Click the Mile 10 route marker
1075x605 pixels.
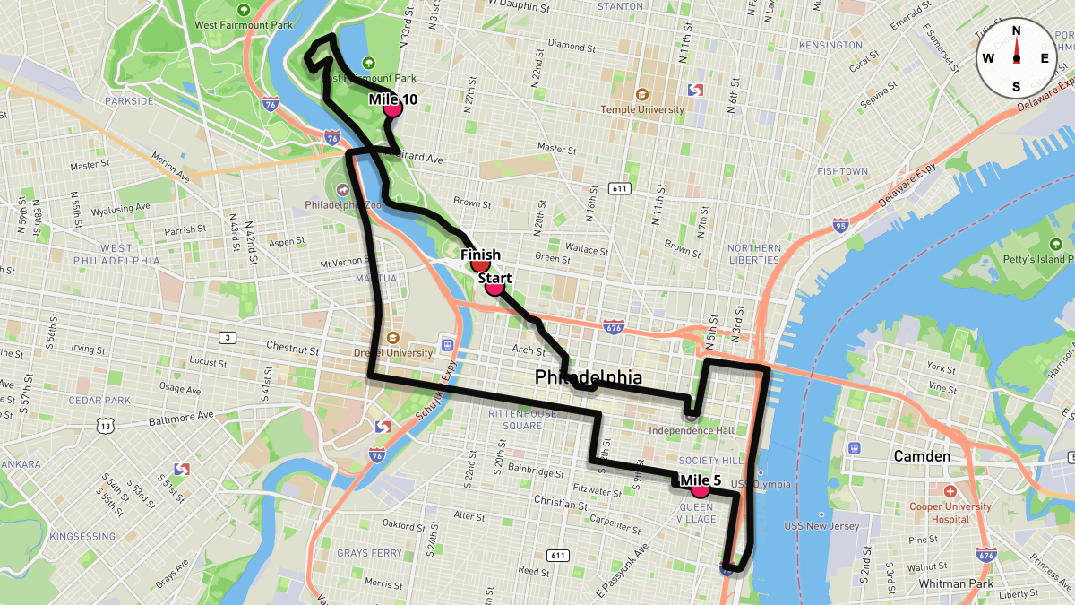(x=392, y=108)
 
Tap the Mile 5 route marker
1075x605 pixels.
(x=700, y=489)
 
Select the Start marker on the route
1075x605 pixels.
(x=494, y=287)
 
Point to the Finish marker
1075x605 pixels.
(x=480, y=264)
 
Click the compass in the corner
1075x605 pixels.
(x=1016, y=58)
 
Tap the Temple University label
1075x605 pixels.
(x=641, y=109)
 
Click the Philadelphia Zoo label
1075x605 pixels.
(x=343, y=203)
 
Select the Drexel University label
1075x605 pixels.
(x=393, y=353)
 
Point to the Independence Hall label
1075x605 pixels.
(x=691, y=430)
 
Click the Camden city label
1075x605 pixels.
(x=922, y=456)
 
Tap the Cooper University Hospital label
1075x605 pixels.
(x=950, y=512)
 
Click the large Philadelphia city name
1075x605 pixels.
(x=589, y=376)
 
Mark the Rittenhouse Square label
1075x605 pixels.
(x=522, y=419)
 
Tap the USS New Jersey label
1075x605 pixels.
(x=821, y=525)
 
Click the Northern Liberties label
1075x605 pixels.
(x=753, y=254)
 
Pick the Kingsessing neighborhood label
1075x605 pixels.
(x=82, y=536)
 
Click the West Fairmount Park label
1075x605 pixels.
(x=243, y=25)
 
